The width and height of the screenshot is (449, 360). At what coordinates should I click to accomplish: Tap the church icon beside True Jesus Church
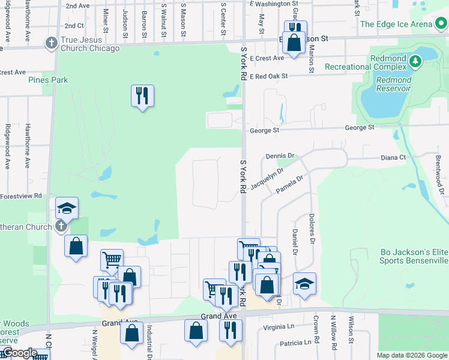(51, 43)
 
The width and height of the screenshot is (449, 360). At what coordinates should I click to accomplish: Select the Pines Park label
(48, 80)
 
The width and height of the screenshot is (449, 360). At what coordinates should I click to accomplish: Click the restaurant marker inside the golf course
(142, 95)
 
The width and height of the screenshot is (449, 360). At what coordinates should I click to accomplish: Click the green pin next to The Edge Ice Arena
(441, 23)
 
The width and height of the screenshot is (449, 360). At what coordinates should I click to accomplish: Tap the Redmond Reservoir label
(394, 84)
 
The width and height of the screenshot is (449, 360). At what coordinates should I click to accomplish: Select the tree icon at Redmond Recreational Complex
(414, 62)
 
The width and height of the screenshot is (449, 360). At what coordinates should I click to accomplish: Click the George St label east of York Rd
(359, 128)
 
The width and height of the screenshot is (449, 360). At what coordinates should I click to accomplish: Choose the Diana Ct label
(393, 158)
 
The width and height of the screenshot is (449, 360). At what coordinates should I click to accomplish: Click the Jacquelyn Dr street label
(267, 179)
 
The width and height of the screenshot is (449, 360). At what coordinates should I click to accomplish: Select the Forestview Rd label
(21, 196)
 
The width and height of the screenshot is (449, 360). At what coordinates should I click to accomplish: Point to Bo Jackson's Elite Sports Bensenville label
(414, 257)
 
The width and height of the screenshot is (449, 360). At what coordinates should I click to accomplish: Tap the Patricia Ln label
(295, 343)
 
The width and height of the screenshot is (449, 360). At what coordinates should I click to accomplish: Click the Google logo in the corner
(19, 353)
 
